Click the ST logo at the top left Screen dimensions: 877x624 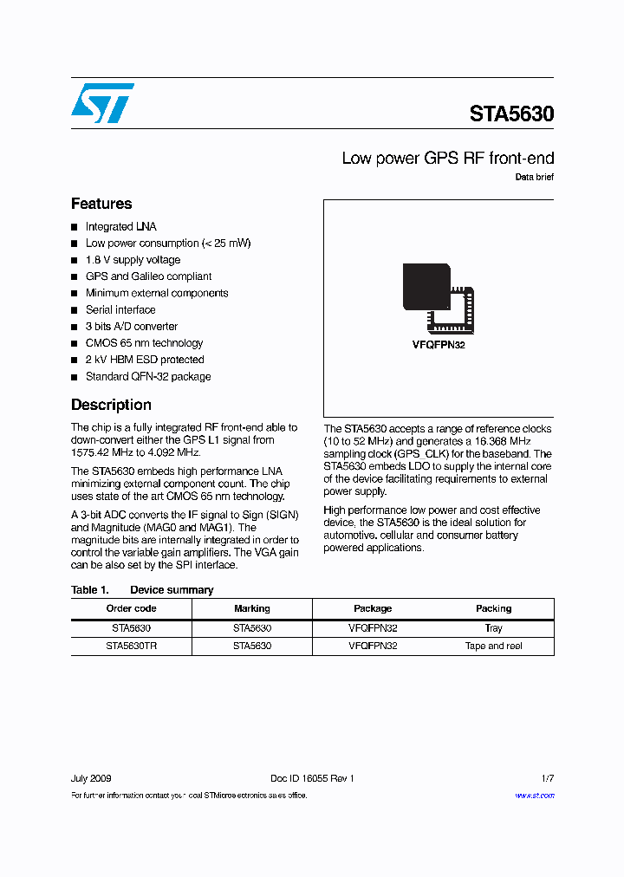(102, 102)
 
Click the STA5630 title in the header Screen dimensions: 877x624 (511, 114)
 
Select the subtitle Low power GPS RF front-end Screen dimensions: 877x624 (447, 159)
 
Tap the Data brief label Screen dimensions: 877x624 (534, 178)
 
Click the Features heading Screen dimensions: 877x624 (101, 205)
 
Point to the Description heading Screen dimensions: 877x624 (111, 405)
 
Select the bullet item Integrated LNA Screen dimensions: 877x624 (120, 227)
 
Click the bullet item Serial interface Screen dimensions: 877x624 (120, 310)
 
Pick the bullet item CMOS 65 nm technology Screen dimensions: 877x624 (144, 343)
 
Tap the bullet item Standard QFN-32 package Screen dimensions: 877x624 (148, 377)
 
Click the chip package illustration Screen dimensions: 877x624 (439, 296)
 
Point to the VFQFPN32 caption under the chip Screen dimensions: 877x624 (439, 345)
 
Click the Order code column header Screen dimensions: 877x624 (131, 608)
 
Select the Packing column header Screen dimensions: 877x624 (494, 608)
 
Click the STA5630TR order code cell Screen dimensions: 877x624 (131, 646)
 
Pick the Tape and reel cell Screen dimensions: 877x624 (494, 646)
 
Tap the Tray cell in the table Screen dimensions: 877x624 (494, 628)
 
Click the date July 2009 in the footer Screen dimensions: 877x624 (91, 778)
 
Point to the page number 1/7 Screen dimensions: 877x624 (547, 778)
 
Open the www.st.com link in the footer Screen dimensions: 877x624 (534, 796)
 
